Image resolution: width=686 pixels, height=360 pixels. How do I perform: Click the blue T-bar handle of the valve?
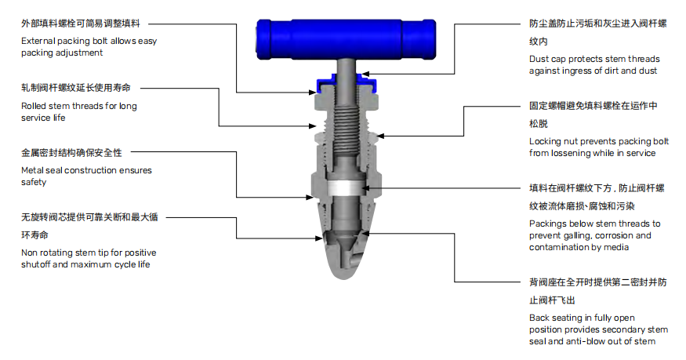[x=346, y=38]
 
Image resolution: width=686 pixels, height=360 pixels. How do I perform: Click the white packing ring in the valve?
[x=344, y=187]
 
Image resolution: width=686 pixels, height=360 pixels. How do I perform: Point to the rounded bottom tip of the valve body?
[x=344, y=274]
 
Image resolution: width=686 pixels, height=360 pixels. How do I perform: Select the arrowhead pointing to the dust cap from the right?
[x=366, y=74]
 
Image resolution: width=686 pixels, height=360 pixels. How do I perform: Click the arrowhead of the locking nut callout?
[x=380, y=136]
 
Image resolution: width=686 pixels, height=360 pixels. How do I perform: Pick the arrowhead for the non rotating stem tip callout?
[x=318, y=238]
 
